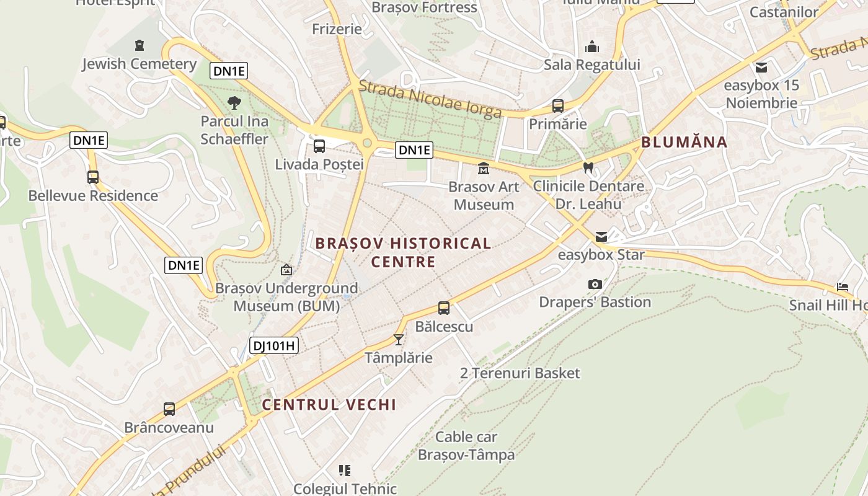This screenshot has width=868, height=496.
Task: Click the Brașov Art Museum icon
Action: [x=483, y=168]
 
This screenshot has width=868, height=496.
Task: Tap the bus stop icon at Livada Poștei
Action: [x=319, y=146]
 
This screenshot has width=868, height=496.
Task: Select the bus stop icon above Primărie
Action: [x=558, y=106]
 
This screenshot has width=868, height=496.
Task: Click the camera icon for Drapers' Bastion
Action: [x=595, y=284]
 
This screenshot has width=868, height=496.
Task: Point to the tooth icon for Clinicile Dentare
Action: [x=588, y=167]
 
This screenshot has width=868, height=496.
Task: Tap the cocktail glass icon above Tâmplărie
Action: [x=399, y=340]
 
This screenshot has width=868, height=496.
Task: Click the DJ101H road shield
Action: [x=274, y=345]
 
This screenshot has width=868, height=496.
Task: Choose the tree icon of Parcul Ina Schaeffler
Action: [x=234, y=103]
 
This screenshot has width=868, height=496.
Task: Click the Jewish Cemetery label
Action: [x=139, y=64]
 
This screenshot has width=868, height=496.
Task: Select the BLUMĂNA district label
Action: [x=684, y=142]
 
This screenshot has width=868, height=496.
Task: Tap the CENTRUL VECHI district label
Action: [x=329, y=405]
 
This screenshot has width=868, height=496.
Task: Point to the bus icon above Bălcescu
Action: [x=444, y=308]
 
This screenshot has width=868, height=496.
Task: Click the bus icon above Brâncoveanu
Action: [x=169, y=409]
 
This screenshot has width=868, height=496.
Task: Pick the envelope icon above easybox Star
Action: [x=601, y=236]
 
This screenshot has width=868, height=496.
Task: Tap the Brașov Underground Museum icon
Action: [x=286, y=270]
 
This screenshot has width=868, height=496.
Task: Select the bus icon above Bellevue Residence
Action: [x=93, y=177]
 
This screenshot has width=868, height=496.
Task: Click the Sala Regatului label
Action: [x=591, y=64]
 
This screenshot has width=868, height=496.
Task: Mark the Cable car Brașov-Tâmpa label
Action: [x=466, y=446]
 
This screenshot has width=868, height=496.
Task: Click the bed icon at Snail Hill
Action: [x=842, y=286]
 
